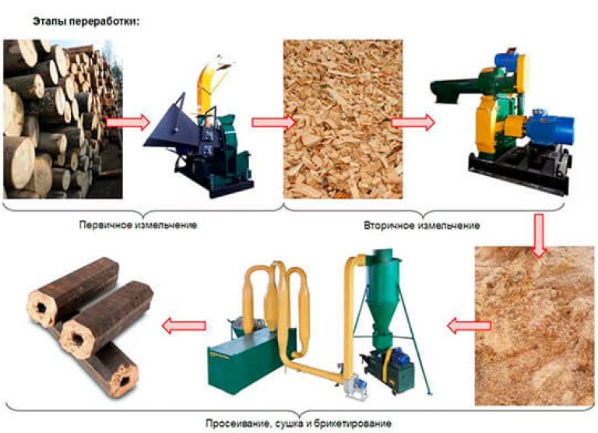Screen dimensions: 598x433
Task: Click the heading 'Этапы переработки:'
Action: (86, 21)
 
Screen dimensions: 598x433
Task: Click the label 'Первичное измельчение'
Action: (138, 225)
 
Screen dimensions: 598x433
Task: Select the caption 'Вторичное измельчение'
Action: (422, 226)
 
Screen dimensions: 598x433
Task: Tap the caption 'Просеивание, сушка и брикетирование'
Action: (299, 424)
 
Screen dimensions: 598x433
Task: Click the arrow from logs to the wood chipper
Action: (128, 122)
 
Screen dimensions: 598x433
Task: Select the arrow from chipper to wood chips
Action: (273, 122)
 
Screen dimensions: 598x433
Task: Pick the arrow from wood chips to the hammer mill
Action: (413, 122)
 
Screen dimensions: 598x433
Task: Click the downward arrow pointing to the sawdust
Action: (539, 235)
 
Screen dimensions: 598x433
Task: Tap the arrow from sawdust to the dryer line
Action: (469, 326)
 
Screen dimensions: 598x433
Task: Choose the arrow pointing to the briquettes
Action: (184, 326)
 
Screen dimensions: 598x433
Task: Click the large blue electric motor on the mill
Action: (550, 130)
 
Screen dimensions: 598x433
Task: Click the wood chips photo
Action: (343, 119)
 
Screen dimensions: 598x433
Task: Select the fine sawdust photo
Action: (535, 326)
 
